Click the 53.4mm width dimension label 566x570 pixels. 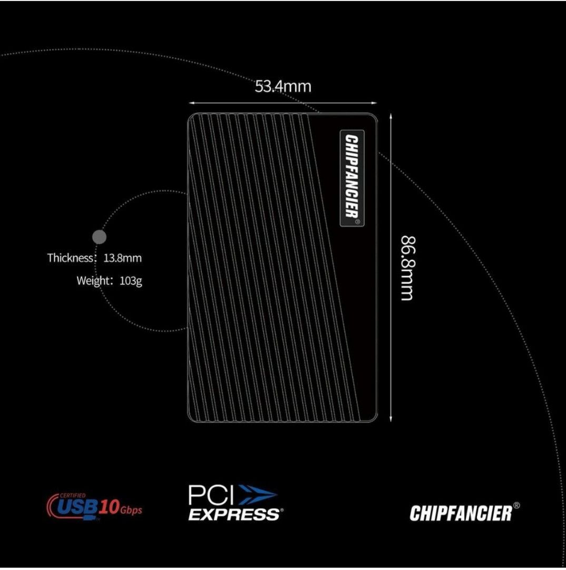pyautogui.click(x=283, y=86)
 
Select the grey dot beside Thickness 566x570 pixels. pyautogui.click(x=99, y=237)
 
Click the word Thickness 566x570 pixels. pyautogui.click(x=70, y=258)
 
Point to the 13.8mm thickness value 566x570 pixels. pyautogui.click(x=123, y=258)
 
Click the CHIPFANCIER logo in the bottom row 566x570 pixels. pyautogui.click(x=460, y=512)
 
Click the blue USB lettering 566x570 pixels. pyautogui.click(x=76, y=508)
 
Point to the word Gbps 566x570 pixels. pyautogui.click(x=131, y=510)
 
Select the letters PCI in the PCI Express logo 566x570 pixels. pyautogui.click(x=211, y=496)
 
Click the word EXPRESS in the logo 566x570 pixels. pyautogui.click(x=233, y=513)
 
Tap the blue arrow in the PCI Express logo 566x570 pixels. pyautogui.click(x=257, y=496)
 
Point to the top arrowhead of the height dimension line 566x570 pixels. pyautogui.click(x=390, y=115)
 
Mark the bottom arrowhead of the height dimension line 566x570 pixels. pyautogui.click(x=390, y=419)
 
